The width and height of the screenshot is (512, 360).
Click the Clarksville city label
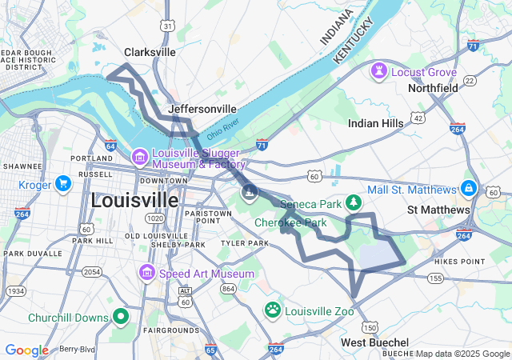pyautogui.click(x=150, y=52)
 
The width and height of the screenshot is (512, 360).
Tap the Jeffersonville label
pyautogui.click(x=202, y=109)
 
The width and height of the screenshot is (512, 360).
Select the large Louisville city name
pyautogui.click(x=135, y=199)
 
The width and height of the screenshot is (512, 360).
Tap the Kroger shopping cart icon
pyautogui.click(x=62, y=185)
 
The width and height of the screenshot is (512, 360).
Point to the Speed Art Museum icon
pyautogui.click(x=146, y=274)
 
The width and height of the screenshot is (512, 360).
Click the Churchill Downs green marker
pyautogui.click(x=121, y=318)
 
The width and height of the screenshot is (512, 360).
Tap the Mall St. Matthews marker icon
pyautogui.click(x=469, y=190)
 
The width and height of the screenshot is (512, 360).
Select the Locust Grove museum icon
pyautogui.click(x=377, y=72)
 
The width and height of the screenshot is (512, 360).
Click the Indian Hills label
pyautogui.click(x=376, y=123)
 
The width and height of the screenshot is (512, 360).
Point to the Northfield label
pyautogui.click(x=433, y=88)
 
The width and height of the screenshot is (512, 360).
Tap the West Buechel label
pyautogui.click(x=375, y=342)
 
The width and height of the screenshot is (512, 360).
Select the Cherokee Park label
pyautogui.click(x=291, y=222)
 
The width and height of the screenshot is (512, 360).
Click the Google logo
pyautogui.click(x=26, y=350)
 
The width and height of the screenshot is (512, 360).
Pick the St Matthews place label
pyautogui.click(x=438, y=210)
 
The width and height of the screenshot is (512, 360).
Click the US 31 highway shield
pyautogui.click(x=167, y=26)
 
